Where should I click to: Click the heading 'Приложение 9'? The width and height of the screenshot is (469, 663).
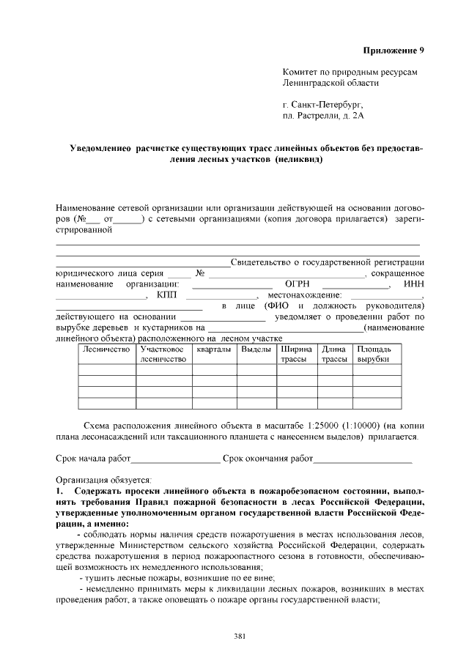[394, 50]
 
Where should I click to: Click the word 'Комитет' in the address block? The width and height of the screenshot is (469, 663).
[301, 73]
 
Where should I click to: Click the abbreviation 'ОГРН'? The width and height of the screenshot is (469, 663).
[298, 284]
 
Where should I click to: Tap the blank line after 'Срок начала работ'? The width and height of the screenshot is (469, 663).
[175, 459]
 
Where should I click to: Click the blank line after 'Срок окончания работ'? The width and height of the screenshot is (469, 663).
[362, 459]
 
